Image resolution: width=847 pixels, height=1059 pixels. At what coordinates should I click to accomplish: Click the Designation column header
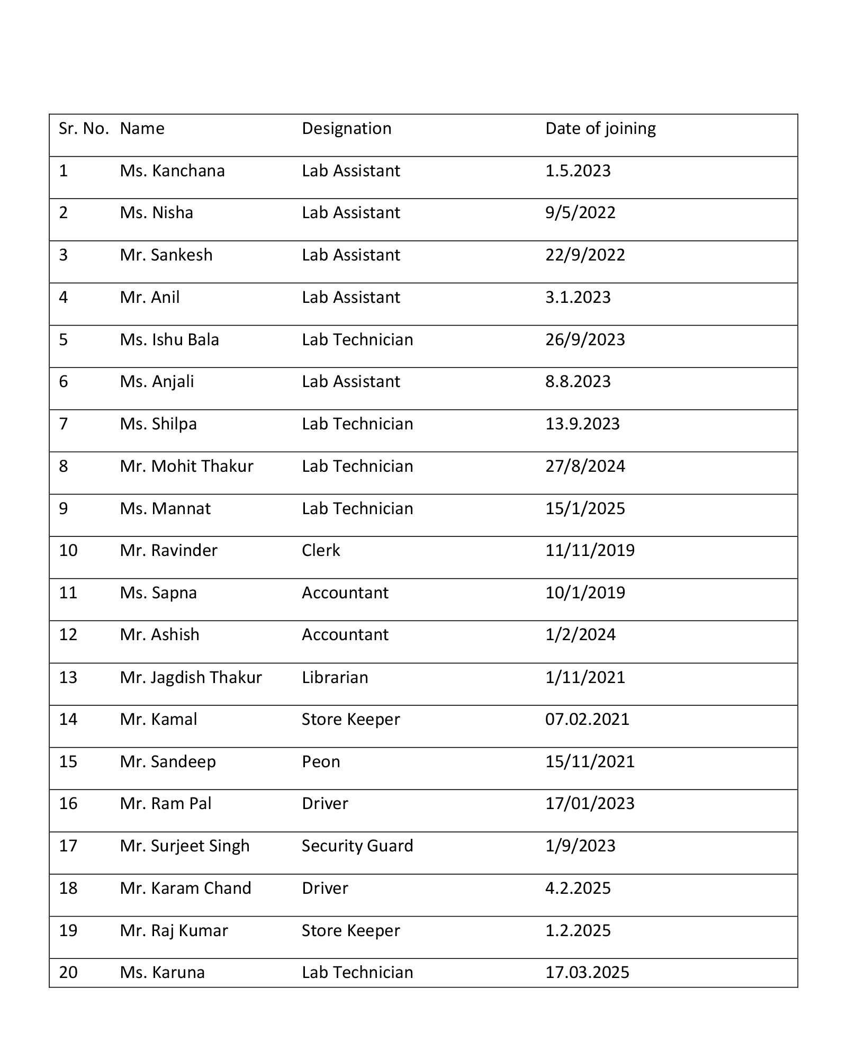[x=346, y=129]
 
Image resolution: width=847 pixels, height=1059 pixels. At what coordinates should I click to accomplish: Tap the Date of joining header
[x=600, y=129]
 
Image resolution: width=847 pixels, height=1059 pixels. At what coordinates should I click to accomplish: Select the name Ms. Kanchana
[x=172, y=171]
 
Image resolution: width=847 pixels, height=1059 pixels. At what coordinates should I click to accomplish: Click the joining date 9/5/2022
[x=580, y=213]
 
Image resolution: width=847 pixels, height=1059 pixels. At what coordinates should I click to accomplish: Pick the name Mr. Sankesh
[x=166, y=255]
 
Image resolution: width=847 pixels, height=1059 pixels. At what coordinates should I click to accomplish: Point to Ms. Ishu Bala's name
[x=169, y=339]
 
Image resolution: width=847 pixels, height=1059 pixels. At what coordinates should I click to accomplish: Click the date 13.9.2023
[x=582, y=424]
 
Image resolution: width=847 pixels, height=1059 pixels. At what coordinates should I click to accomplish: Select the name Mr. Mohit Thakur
[x=186, y=466]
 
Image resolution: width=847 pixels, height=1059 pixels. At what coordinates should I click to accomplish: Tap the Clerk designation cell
[x=321, y=551]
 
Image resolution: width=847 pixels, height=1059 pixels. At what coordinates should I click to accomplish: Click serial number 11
[x=68, y=593]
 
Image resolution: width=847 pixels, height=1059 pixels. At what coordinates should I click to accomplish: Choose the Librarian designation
[x=335, y=678]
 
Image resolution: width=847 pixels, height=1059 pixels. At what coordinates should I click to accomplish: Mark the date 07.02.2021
[x=587, y=720]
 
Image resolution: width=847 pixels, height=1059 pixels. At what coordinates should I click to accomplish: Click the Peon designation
[x=321, y=762]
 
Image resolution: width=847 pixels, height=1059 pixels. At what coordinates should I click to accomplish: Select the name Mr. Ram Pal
[x=165, y=804]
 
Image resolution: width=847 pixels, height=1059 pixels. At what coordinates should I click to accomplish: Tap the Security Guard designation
[x=357, y=846]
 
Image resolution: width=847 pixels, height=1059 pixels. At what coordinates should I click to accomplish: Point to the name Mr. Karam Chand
[x=185, y=889]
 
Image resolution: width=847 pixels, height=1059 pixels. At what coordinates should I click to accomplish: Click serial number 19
[x=68, y=931]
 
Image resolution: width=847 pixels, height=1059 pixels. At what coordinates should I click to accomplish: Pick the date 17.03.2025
[x=587, y=973]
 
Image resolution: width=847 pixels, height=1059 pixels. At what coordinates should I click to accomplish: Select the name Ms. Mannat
[x=165, y=509]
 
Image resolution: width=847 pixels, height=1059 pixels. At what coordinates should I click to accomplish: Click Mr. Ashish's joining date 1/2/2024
[x=580, y=635]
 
